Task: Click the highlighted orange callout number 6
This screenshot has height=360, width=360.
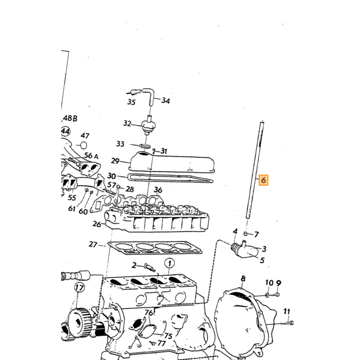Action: [263, 180]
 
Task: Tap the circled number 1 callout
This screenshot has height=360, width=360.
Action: [169, 263]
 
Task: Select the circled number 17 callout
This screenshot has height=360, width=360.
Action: [79, 287]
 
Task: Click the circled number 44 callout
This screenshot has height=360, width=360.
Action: [65, 132]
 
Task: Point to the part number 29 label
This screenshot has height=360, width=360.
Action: [115, 161]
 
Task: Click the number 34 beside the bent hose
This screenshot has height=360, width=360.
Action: [166, 101]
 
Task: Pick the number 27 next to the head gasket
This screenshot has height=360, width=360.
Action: [93, 244]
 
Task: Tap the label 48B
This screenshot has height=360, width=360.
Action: [70, 118]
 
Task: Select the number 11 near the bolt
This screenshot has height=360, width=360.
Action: [286, 312]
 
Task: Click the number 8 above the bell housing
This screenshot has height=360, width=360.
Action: [243, 279]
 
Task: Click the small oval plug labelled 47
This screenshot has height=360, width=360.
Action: [84, 145]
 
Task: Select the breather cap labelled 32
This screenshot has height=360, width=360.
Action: [148, 126]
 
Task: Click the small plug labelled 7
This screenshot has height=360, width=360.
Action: [245, 233]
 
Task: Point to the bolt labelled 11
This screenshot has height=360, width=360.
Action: [287, 323]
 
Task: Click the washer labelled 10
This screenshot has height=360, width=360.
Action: [267, 295]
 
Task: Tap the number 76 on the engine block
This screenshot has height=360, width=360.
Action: [149, 313]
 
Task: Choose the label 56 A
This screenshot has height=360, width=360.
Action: [92, 156]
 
